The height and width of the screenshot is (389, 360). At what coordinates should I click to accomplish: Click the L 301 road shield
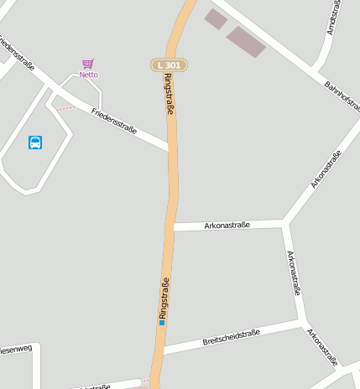pos(169,65)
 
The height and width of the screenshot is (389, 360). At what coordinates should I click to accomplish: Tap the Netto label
pos(88,75)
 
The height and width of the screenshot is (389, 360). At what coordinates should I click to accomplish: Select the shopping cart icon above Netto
pos(88,64)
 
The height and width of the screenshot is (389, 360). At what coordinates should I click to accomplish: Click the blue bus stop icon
pos(35,143)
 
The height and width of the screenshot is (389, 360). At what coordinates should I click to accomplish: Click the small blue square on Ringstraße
pos(162,322)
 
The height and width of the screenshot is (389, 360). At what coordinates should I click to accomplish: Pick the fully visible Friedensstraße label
pos(114,120)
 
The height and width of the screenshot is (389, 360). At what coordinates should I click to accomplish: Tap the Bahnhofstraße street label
pos(342,98)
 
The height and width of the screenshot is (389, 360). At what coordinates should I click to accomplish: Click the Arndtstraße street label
pos(334,18)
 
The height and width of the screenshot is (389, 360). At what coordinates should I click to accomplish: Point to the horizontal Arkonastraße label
pos(227,225)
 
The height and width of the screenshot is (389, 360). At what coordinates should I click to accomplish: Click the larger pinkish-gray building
pos(246,42)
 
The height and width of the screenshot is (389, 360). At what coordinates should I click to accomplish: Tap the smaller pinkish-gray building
pos(216,18)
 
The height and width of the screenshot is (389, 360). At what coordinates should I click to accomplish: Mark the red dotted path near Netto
pos(65,108)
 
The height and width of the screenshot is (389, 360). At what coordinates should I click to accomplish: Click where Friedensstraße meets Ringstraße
pos(171,148)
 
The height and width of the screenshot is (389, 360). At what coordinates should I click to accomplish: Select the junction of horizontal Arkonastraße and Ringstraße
pos(174,226)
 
